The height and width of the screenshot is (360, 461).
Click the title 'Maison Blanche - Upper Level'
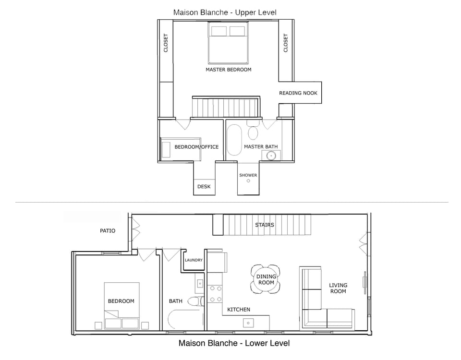(x=225, y=12)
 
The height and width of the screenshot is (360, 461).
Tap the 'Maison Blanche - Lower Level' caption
(x=234, y=343)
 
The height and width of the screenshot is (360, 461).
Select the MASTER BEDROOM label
(x=228, y=70)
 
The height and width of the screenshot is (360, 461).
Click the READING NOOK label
(x=298, y=93)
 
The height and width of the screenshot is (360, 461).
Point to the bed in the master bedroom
(x=228, y=43)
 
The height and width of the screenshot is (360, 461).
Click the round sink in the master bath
(x=271, y=155)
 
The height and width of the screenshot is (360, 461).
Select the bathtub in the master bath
(x=234, y=140)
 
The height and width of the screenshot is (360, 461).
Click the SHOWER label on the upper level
(x=248, y=175)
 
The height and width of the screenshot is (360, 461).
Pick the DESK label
(x=204, y=187)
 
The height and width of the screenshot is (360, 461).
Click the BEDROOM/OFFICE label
(x=196, y=147)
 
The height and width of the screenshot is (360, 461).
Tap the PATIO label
(x=108, y=231)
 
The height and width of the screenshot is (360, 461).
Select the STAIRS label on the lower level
(x=265, y=225)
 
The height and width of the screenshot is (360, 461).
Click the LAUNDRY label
(x=194, y=260)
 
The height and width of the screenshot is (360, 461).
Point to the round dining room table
(x=266, y=279)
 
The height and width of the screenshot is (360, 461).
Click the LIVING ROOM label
(x=338, y=288)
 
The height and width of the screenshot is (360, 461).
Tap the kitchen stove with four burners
(x=215, y=294)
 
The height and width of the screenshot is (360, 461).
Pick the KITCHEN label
(x=239, y=310)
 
